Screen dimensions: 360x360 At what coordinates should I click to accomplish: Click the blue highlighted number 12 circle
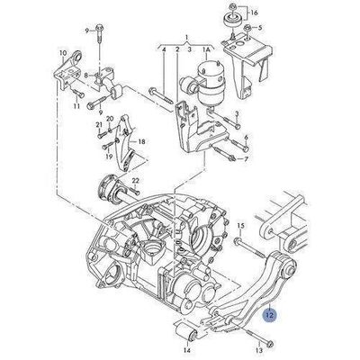tap(269, 315)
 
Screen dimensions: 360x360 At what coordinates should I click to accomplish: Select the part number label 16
tap(254, 13)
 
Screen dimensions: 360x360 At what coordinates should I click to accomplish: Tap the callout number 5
tap(260, 28)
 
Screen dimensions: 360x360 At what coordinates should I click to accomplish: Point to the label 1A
tap(207, 49)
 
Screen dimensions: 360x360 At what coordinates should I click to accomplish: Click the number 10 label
tap(63, 53)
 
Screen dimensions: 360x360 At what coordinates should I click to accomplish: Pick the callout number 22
tap(136, 181)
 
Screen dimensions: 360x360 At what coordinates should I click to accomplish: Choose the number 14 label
tap(187, 350)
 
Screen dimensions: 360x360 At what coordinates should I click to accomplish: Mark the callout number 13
tap(259, 350)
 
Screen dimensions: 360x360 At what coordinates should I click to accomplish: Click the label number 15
tap(241, 226)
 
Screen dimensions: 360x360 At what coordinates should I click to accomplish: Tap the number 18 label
tap(141, 141)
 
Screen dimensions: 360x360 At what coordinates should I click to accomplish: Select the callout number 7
tap(246, 159)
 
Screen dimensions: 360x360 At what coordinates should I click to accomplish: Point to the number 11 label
tap(76, 106)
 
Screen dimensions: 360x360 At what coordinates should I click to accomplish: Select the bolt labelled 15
tap(249, 248)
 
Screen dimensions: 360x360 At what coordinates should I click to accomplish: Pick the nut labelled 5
tap(247, 28)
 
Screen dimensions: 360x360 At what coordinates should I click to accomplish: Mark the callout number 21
tap(99, 125)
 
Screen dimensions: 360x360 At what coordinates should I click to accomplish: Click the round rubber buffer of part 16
tap(232, 19)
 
